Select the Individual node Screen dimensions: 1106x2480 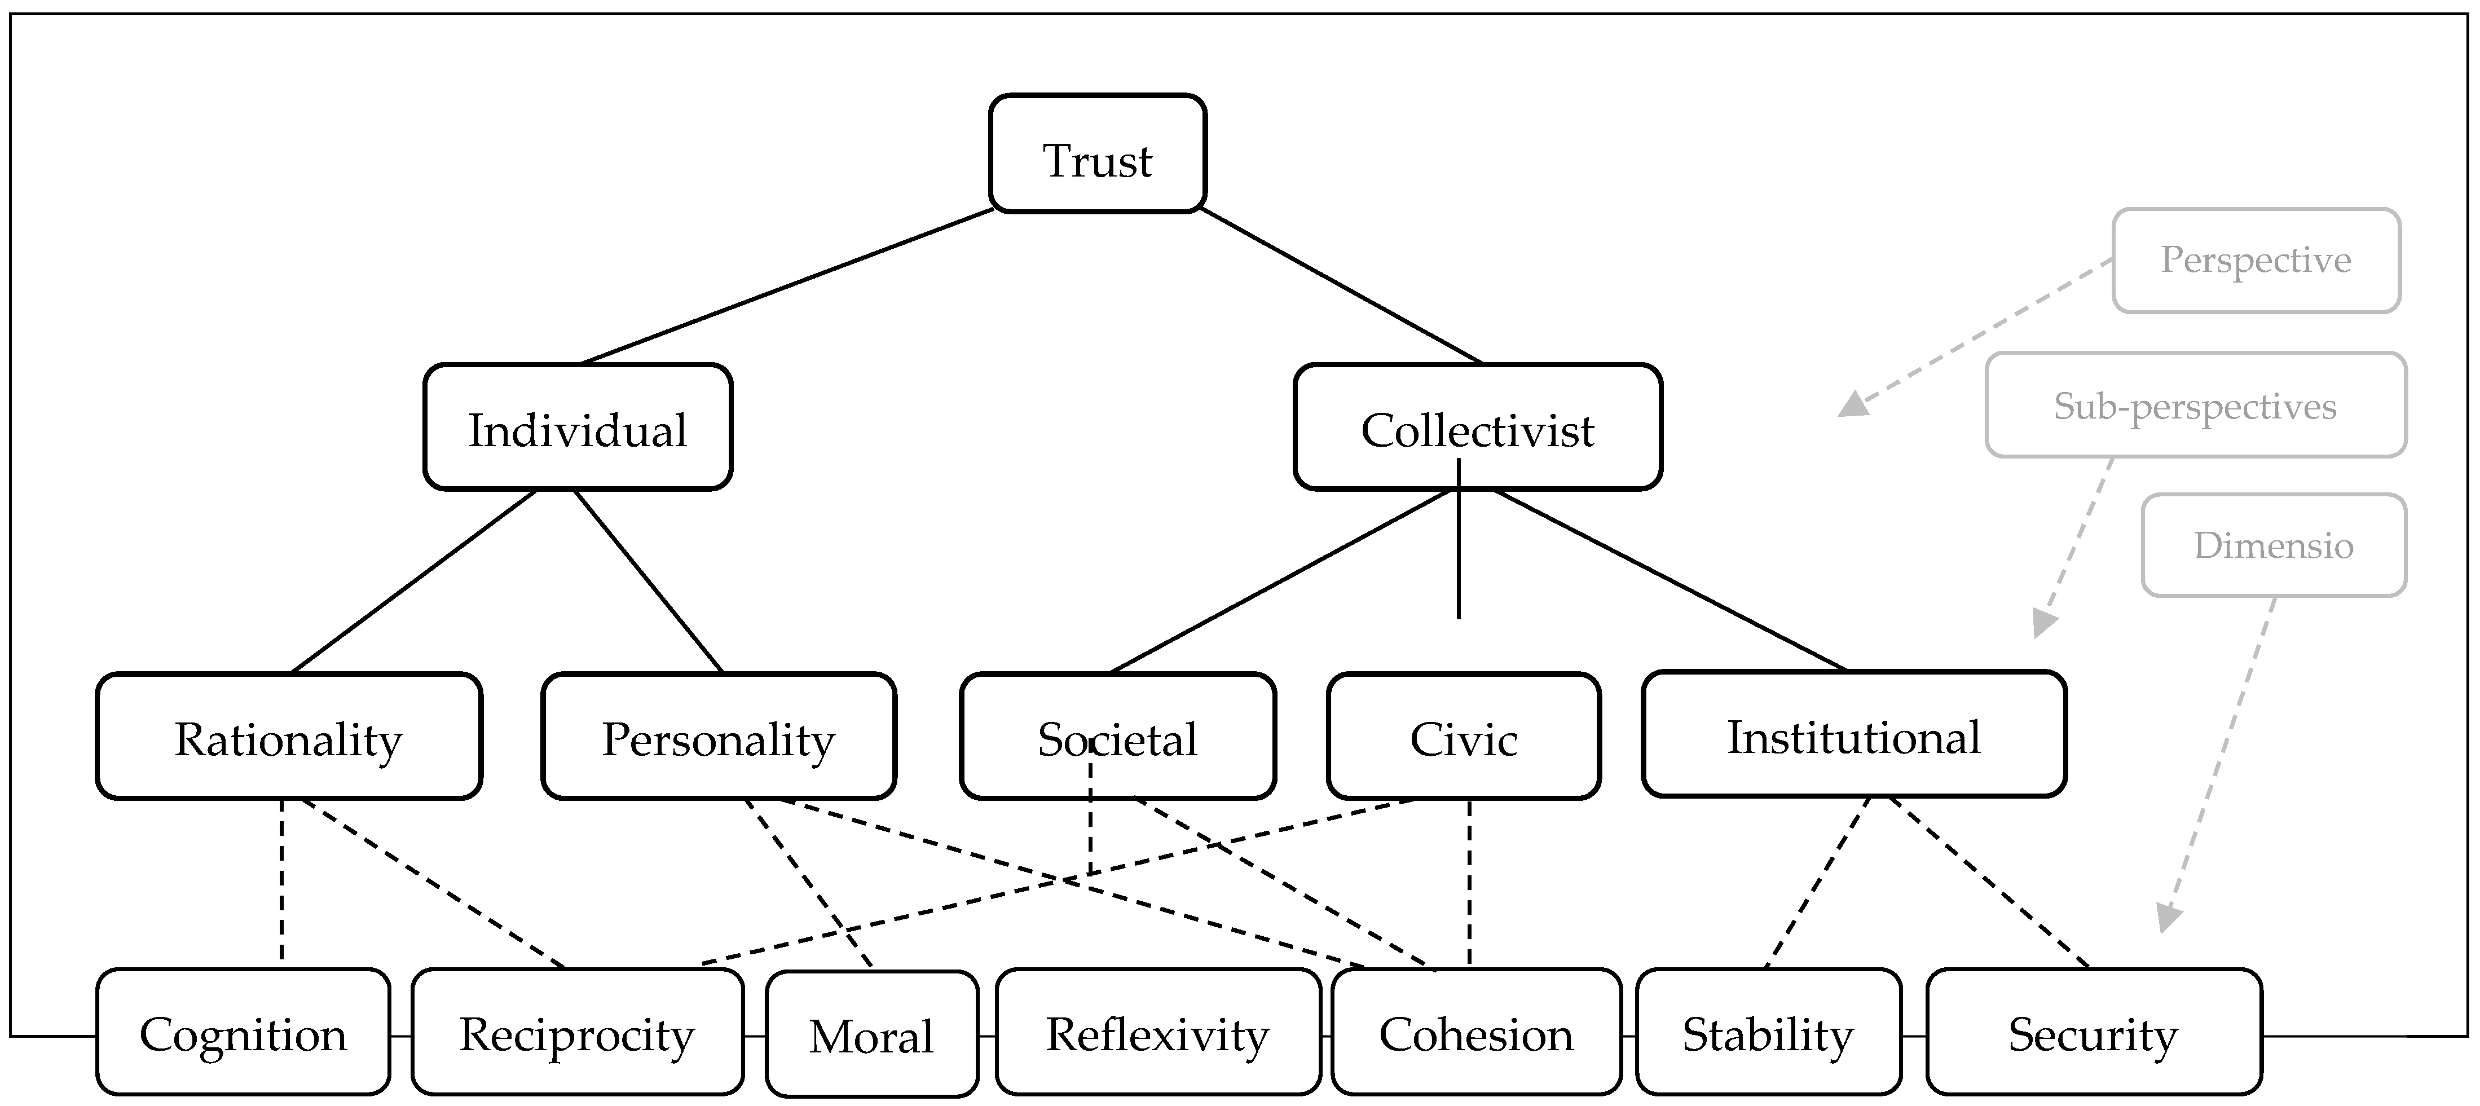[578, 428]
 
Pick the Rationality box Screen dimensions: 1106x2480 [289, 737]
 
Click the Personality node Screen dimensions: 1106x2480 [718, 737]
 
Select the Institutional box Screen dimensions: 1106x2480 [1853, 734]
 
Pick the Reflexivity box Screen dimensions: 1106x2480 [1157, 1032]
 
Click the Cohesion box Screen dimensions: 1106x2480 [1476, 1032]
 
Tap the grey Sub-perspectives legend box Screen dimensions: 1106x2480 [2195, 406]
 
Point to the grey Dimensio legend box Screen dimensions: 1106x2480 [2273, 545]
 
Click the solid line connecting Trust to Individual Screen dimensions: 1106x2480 [787, 286]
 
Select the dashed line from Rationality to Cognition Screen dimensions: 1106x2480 [281, 881]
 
